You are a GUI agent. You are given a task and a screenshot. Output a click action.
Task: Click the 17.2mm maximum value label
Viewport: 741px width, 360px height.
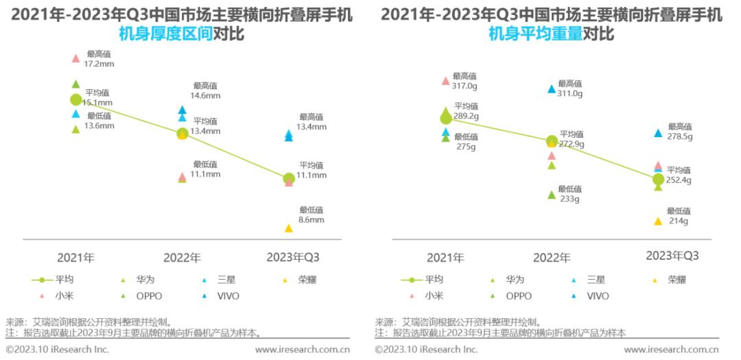coord(99,64)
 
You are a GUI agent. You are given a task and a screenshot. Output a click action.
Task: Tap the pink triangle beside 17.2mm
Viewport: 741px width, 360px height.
coord(76,59)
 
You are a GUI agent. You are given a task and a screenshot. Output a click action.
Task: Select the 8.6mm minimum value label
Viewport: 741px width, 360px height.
coord(311,220)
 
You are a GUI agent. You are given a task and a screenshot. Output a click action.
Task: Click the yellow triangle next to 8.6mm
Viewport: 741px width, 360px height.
coord(289,228)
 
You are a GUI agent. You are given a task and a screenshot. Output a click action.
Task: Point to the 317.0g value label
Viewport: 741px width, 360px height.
coord(464,86)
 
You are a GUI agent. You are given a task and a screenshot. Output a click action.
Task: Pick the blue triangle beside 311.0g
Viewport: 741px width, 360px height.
coord(551,88)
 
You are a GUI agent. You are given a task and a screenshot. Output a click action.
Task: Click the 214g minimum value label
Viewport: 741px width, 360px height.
coord(678,221)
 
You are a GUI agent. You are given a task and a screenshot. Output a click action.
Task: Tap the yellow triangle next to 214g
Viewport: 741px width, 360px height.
coord(658,221)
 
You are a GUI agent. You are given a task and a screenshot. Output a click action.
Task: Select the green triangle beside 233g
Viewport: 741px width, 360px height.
coord(551,195)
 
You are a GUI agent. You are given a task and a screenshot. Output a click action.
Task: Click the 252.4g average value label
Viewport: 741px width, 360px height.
coord(679,180)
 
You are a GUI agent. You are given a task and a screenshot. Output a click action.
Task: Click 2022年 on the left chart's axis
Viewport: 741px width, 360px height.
coord(182,258)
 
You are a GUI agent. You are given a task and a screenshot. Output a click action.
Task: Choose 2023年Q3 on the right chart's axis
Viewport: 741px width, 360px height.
coord(672,256)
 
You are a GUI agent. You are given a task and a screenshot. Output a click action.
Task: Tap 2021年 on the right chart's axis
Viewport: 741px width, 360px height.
coord(445,258)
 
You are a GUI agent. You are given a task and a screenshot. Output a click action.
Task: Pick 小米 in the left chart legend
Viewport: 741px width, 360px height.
coord(64,296)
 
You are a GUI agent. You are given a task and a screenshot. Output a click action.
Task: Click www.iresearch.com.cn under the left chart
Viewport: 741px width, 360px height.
coord(303,350)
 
